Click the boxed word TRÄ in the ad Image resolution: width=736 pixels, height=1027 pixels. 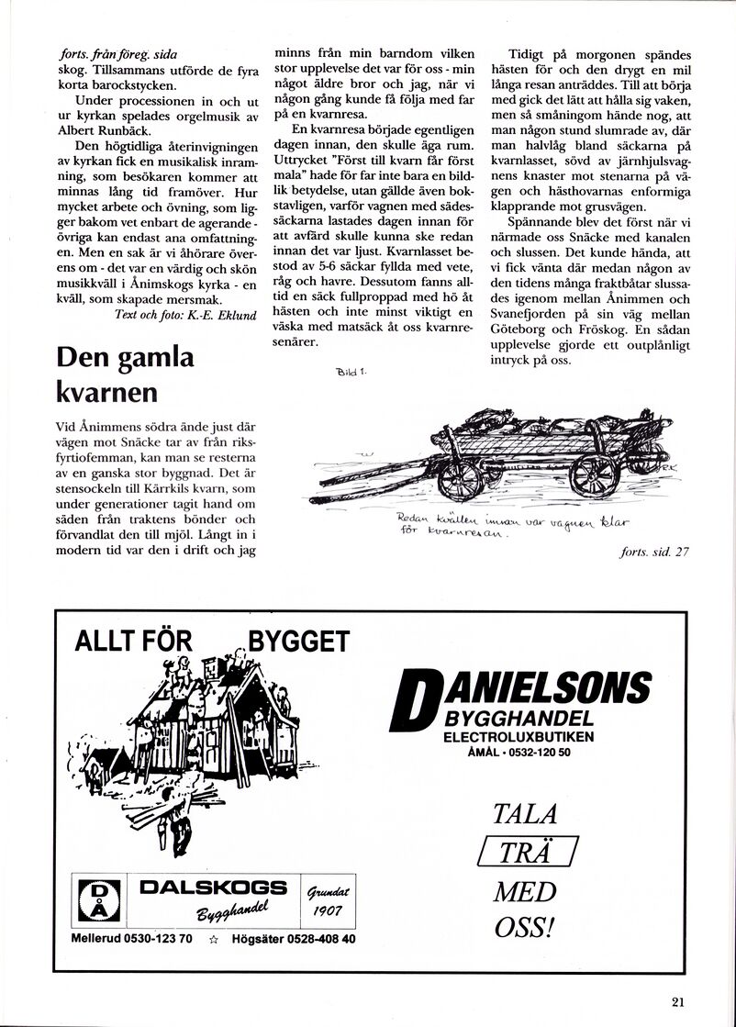528,853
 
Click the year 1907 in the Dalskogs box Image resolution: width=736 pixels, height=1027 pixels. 328,910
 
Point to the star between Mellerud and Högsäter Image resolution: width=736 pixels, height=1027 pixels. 213,939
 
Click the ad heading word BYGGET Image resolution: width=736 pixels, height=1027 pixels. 299,641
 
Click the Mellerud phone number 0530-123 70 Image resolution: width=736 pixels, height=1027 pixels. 162,939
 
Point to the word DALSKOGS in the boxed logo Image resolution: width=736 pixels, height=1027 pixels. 213,887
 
